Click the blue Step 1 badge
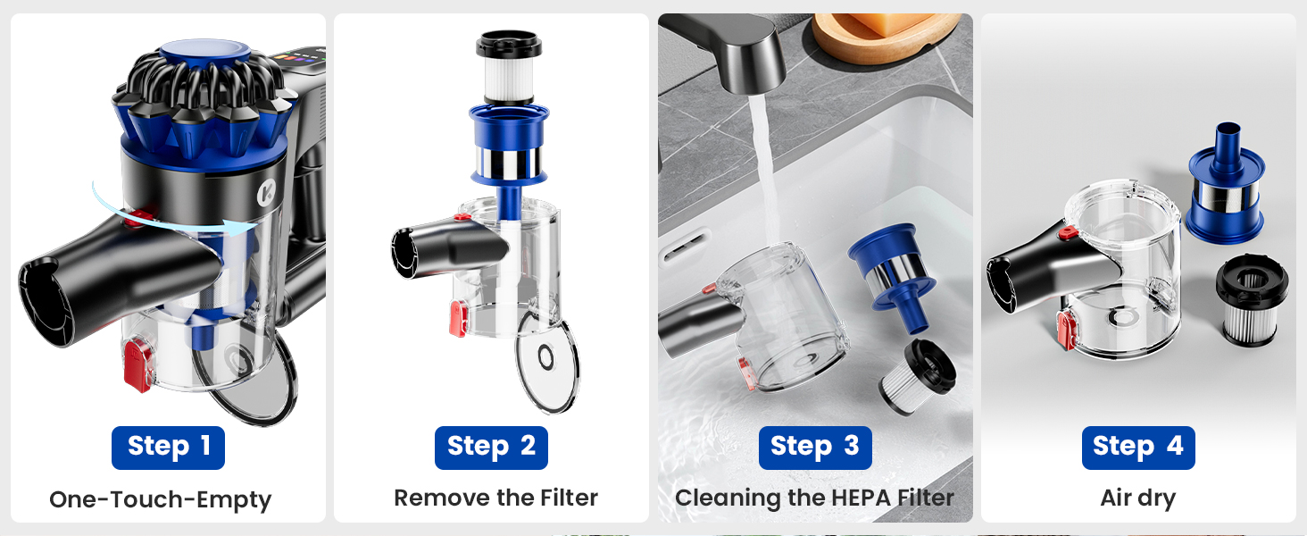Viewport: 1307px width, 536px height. [168, 448]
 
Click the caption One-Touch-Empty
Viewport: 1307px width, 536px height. [160, 499]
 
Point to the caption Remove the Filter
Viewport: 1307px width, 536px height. [495, 498]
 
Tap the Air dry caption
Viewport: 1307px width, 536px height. [1137, 498]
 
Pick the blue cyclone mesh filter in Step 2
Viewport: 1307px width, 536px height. [509, 147]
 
